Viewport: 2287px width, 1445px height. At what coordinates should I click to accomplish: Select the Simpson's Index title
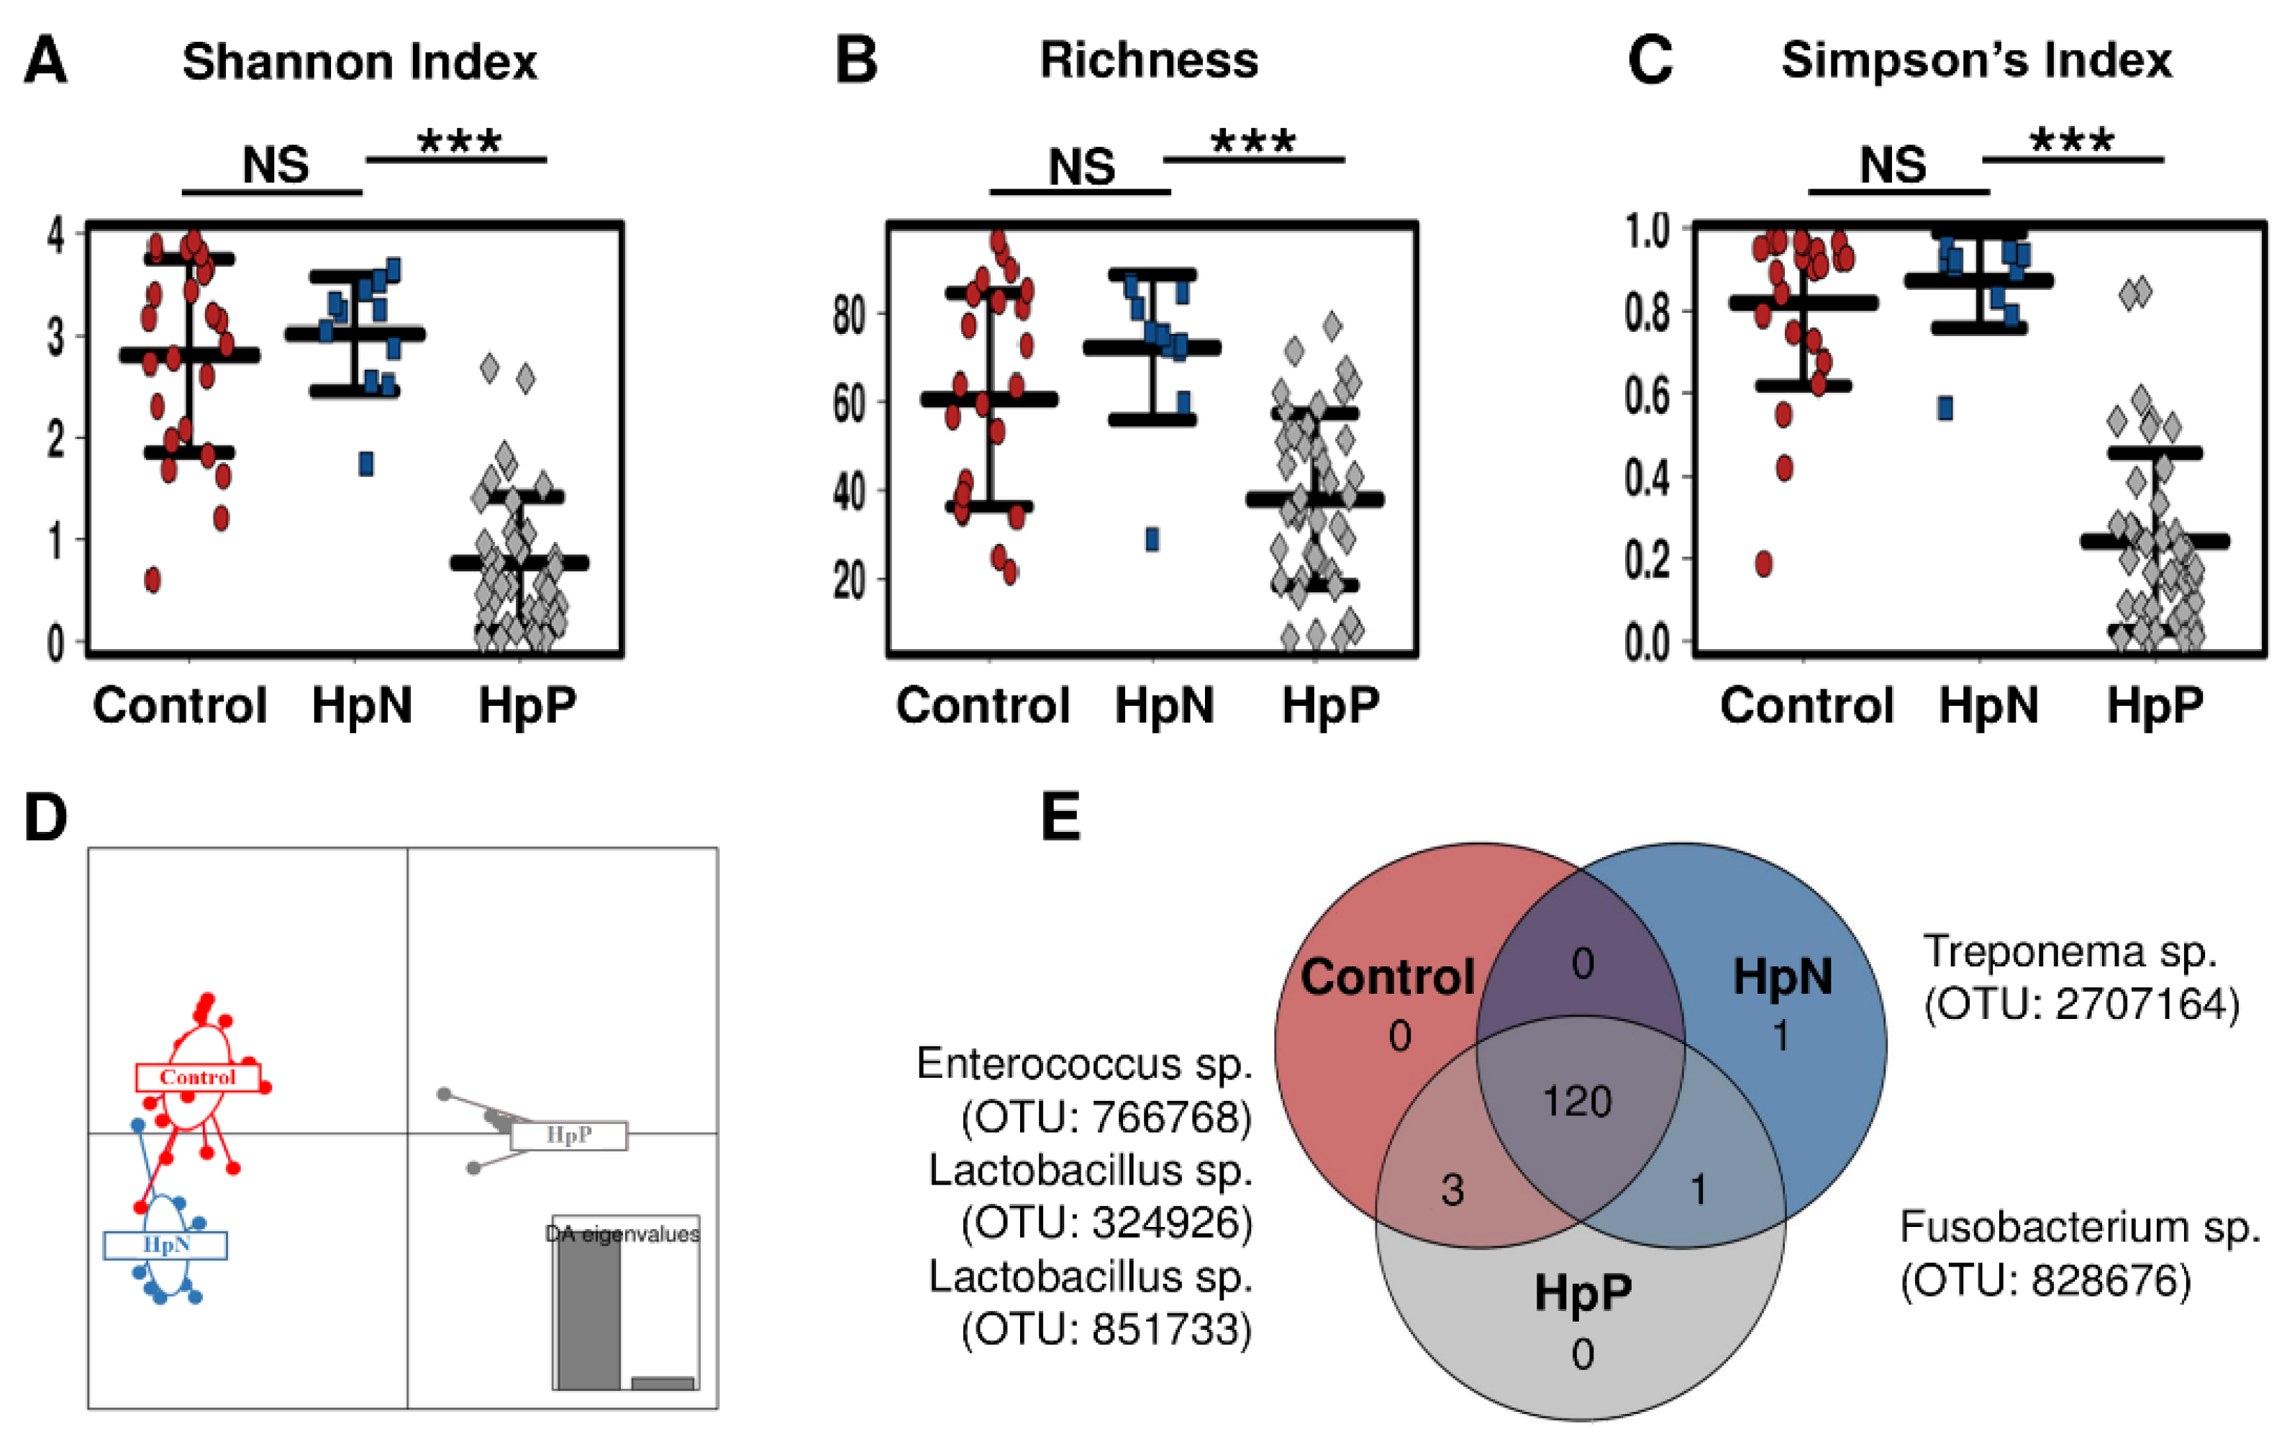[x=1975, y=60]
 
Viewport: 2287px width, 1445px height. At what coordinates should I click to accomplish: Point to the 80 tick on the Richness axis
[x=848, y=314]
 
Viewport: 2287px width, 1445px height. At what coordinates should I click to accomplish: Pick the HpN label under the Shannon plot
[x=362, y=706]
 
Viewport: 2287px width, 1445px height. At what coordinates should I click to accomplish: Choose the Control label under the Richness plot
[x=982, y=706]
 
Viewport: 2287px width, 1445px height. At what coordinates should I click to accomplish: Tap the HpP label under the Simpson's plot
[x=2154, y=706]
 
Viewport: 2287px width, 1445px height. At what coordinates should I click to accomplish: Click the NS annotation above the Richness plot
[x=1081, y=167]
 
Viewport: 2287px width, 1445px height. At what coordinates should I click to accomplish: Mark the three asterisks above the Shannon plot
[x=459, y=142]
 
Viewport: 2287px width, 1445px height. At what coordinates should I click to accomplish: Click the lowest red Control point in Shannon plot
[x=152, y=579]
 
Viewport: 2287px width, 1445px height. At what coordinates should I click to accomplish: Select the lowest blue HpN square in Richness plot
[x=1152, y=540]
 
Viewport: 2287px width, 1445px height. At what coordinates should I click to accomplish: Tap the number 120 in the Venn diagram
[x=1577, y=1102]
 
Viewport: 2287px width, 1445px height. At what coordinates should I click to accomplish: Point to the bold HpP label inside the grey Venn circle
[x=1582, y=1292]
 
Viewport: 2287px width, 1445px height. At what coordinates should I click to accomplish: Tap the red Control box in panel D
[x=198, y=1077]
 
